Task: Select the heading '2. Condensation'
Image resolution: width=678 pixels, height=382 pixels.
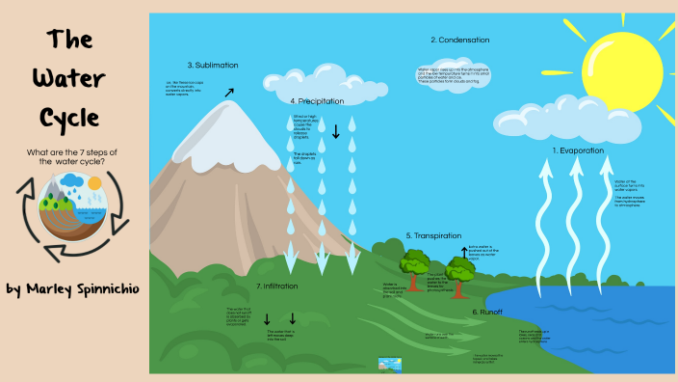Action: pyautogui.click(x=459, y=40)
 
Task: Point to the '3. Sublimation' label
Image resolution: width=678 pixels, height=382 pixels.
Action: pyautogui.click(x=213, y=65)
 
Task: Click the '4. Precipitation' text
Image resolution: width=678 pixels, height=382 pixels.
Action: pyautogui.click(x=319, y=100)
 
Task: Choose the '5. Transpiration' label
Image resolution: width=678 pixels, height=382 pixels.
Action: pyautogui.click(x=433, y=235)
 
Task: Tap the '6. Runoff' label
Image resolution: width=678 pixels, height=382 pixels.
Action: pyautogui.click(x=489, y=312)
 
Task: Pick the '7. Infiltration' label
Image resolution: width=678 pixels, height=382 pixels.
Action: pyautogui.click(x=276, y=286)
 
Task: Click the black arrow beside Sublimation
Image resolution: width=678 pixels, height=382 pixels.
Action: pyautogui.click(x=228, y=93)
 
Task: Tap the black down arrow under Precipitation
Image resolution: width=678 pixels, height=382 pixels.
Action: pyautogui.click(x=335, y=131)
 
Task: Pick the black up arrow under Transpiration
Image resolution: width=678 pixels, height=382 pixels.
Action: pyautogui.click(x=463, y=253)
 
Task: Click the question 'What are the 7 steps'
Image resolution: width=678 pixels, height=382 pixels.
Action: pyautogui.click(x=68, y=155)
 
